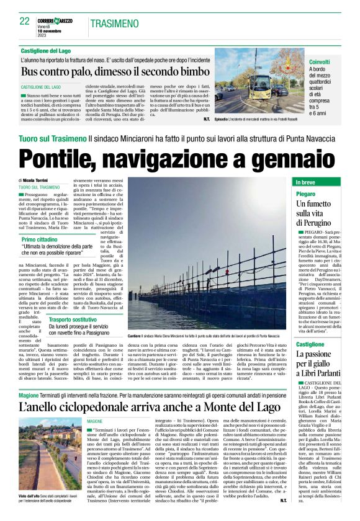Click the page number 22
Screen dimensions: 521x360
tap(25, 21)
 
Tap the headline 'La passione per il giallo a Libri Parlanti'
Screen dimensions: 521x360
tap(326, 363)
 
